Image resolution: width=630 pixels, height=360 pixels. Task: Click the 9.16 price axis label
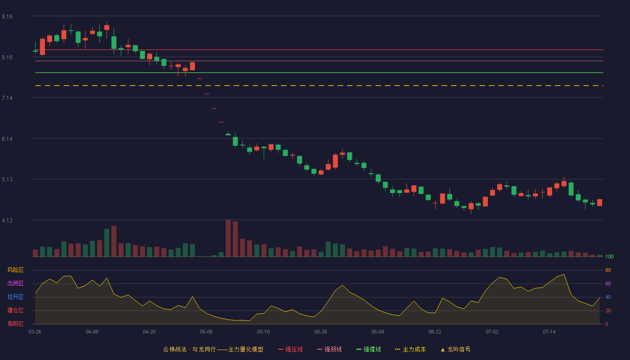(7, 17)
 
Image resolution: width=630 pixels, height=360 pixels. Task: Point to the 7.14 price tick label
(7, 98)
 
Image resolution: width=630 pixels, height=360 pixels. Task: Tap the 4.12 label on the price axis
(7, 220)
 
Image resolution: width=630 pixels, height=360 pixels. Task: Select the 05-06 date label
(206, 332)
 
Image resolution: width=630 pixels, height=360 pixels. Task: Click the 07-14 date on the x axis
(549, 332)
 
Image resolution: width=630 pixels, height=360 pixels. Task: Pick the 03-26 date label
(35, 332)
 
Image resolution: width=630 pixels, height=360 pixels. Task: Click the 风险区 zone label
(15, 270)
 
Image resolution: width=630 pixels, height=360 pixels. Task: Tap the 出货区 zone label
(15, 283)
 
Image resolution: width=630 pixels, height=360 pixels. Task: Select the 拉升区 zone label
(15, 297)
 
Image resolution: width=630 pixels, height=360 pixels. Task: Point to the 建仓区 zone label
(15, 310)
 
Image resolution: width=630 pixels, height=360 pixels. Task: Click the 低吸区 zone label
(15, 324)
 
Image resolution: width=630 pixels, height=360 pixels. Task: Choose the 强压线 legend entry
(290, 349)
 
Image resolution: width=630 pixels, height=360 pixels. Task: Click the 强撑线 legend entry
(369, 349)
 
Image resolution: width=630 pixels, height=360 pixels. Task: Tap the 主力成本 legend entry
(410, 349)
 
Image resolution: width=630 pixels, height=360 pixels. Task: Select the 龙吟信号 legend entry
(455, 349)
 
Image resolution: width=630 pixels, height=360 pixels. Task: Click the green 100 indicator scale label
(609, 256)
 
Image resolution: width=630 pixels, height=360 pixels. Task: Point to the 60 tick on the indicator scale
(608, 283)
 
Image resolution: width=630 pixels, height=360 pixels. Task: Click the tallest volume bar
(228, 238)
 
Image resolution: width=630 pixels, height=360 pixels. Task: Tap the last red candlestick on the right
(599, 202)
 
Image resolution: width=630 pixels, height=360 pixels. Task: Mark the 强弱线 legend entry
(329, 349)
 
